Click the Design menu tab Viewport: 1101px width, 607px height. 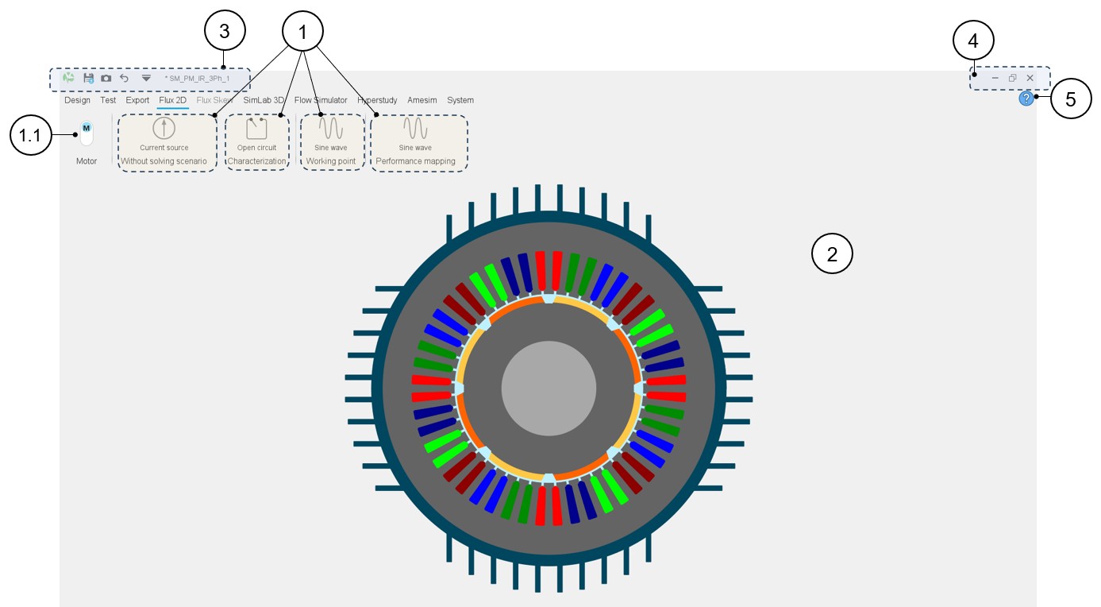[77, 100]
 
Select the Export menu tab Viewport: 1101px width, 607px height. [137, 100]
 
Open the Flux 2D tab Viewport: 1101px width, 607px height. [172, 100]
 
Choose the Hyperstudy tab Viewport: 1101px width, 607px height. [378, 100]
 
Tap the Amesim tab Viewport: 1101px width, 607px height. [422, 100]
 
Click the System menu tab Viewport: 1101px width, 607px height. [460, 100]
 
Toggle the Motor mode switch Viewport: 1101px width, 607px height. [87, 133]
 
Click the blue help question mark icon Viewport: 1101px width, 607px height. [1026, 99]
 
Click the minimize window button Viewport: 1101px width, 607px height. [995, 78]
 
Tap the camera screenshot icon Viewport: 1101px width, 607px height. [106, 78]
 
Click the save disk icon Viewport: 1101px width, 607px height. [89, 78]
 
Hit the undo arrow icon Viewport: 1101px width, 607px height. [124, 78]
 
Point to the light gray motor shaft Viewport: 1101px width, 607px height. [549, 387]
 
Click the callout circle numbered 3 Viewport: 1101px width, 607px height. [225, 31]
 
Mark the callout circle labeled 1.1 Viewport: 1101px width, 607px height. [29, 136]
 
